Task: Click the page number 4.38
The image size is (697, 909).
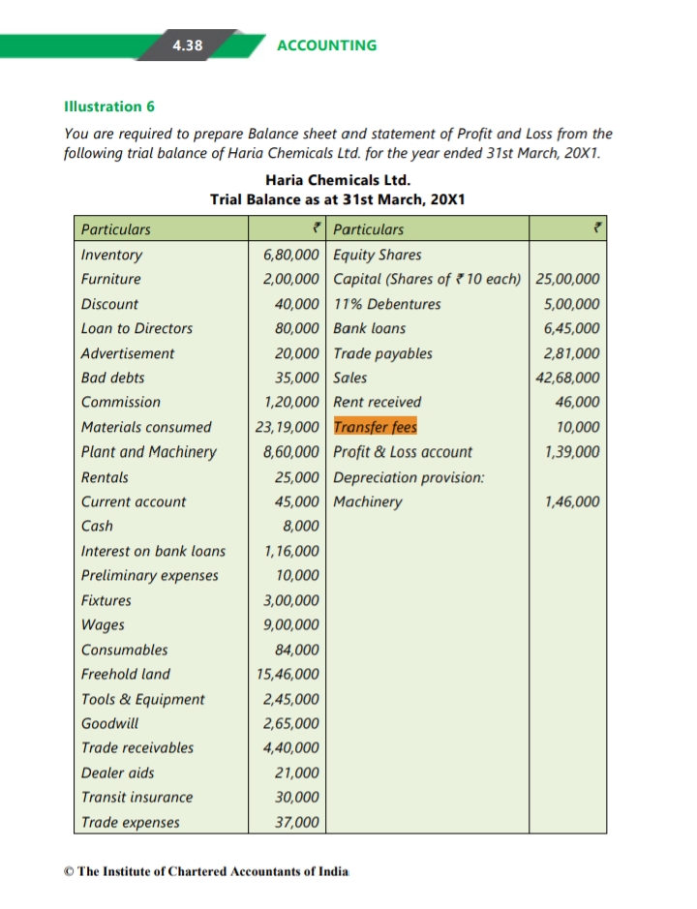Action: click(188, 45)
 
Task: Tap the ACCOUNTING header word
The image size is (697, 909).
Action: click(326, 45)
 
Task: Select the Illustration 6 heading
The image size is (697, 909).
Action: click(108, 106)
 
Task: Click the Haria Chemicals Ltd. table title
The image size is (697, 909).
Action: click(337, 180)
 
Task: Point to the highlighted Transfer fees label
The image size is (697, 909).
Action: click(375, 427)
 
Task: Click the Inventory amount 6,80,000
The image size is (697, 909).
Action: click(291, 256)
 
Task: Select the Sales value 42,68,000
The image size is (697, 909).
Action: click(567, 378)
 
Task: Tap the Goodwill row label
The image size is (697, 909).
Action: click(109, 723)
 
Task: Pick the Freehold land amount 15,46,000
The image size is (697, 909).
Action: click(288, 674)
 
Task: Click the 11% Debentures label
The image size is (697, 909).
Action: click(386, 304)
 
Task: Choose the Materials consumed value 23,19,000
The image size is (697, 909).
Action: click(287, 427)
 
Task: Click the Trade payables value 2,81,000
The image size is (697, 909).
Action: click(571, 353)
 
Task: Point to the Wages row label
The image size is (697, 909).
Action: click(103, 624)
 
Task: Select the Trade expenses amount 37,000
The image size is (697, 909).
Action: click(297, 822)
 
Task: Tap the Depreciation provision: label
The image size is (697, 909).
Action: click(409, 477)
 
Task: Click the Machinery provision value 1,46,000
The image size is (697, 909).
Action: click(571, 501)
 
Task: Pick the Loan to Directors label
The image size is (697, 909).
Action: click(136, 328)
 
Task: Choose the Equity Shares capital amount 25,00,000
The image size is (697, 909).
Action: click(567, 280)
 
